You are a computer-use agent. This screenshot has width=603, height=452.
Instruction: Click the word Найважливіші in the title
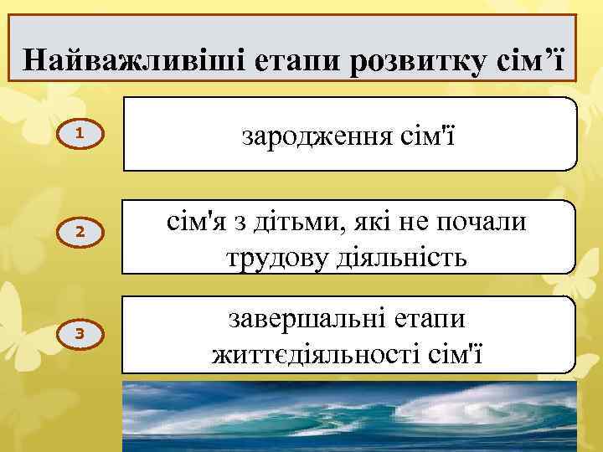click(110, 60)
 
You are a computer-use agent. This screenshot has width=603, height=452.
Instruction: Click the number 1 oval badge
click(77, 134)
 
